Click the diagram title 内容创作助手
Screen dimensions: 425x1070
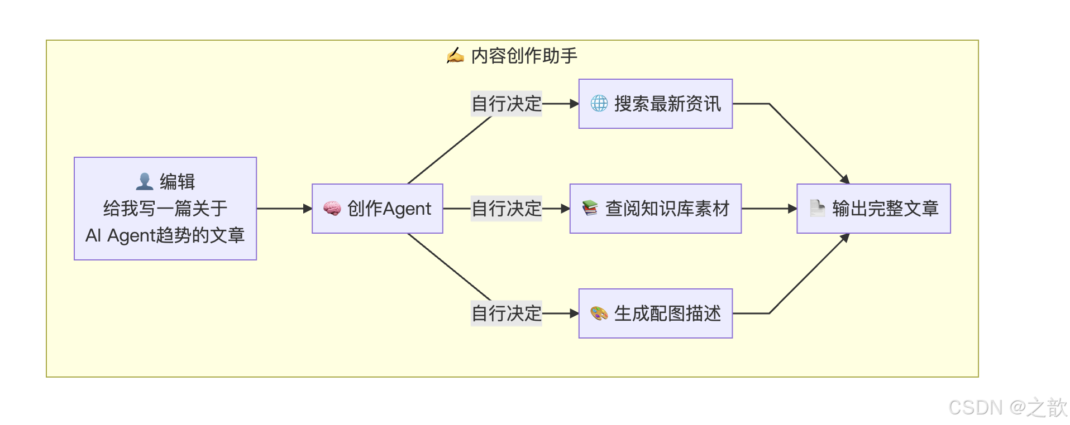pos(524,56)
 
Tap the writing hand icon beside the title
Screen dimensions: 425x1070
pos(455,56)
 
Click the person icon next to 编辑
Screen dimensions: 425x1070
pos(145,181)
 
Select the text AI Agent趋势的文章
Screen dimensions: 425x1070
pos(165,235)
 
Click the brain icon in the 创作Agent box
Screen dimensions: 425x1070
pos(332,209)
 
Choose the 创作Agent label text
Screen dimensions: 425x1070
pos(389,209)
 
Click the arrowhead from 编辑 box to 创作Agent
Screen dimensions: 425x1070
pos(307,209)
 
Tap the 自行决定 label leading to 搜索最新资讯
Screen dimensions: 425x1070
pos(506,104)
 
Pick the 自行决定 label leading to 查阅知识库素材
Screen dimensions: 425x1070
pos(506,209)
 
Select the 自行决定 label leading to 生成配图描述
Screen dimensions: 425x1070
pos(506,313)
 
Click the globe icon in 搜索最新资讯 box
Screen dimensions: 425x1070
pos(599,104)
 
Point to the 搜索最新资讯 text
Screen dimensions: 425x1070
pos(667,104)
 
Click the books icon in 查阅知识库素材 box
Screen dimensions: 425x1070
pos(590,209)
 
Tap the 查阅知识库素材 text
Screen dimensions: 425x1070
pos(667,209)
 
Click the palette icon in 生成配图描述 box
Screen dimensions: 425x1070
pos(599,313)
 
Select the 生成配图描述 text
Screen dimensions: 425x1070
pos(667,313)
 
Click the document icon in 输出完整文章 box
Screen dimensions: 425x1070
pos(817,209)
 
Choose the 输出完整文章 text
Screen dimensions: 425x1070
pos(885,209)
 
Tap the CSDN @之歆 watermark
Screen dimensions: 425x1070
pos(1007,408)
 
